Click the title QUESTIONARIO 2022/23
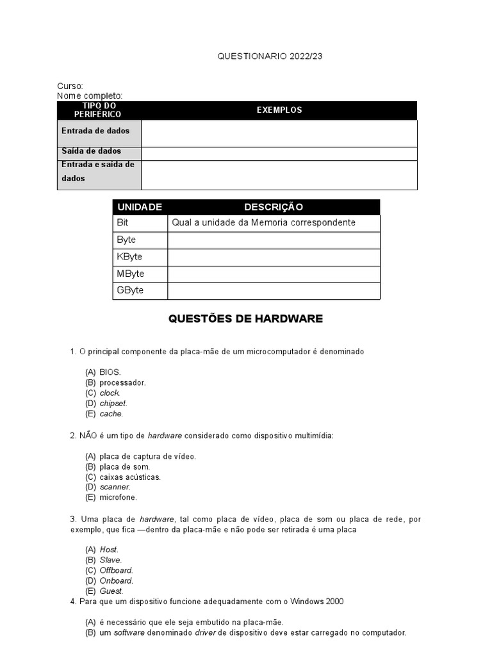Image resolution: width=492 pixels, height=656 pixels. click(x=270, y=56)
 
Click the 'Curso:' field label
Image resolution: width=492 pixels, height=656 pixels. click(x=70, y=86)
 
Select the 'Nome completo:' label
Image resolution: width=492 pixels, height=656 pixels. click(x=90, y=96)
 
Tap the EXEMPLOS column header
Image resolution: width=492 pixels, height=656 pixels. click(x=279, y=110)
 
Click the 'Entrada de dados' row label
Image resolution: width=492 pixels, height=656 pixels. click(x=95, y=131)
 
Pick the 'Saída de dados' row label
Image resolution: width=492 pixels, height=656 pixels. click(x=92, y=151)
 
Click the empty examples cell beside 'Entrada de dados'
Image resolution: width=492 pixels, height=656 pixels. click(x=279, y=133)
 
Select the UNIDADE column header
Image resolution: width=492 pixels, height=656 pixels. click(x=140, y=207)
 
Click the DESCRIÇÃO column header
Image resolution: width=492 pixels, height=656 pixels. click(x=274, y=207)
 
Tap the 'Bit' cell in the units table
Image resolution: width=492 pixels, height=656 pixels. click(x=123, y=222)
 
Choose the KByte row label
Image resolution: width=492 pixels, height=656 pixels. click(x=129, y=257)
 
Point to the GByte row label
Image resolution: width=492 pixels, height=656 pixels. click(x=130, y=290)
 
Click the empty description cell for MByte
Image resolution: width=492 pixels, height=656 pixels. click(x=274, y=274)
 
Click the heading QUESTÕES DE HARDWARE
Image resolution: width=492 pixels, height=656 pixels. click(x=245, y=318)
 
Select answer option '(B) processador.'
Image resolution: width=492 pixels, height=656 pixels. click(x=122, y=382)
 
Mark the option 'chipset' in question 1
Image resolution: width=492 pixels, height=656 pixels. click(x=113, y=404)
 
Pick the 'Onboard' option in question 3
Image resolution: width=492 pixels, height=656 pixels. click(x=116, y=580)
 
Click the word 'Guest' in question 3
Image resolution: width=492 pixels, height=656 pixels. click(x=111, y=591)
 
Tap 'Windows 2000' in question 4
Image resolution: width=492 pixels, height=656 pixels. click(x=317, y=602)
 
